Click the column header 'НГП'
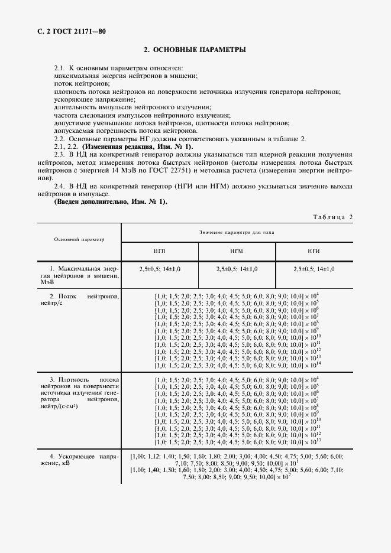point(159,251)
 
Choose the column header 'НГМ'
point(237,251)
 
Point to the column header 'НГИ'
point(314,251)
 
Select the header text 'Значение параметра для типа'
point(237,233)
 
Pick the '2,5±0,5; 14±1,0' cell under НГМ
point(237,269)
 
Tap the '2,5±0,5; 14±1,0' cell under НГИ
point(314,269)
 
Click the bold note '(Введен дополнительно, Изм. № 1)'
point(110,202)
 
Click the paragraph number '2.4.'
point(61,186)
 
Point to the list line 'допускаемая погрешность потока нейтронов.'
point(125,131)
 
